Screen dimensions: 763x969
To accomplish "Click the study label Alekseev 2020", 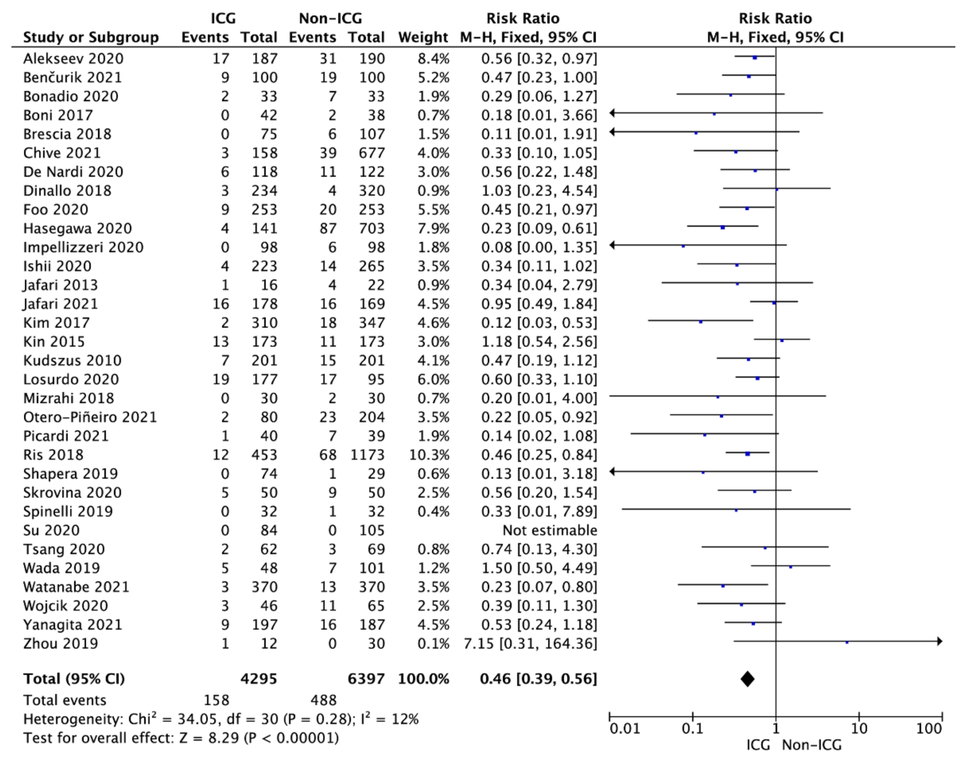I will [73, 59].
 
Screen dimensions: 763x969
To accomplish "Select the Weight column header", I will [423, 37].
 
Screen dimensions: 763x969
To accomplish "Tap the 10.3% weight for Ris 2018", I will [429, 455].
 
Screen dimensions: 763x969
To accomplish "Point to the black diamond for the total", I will [747, 679].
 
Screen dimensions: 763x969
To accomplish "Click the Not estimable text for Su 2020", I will [550, 530].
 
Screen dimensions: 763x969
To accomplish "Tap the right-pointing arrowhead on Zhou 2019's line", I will [939, 641].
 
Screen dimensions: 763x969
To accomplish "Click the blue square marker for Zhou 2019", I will [847, 642].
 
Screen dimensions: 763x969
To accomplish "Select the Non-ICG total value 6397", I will [366, 679].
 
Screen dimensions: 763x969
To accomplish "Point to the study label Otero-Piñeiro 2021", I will [90, 417].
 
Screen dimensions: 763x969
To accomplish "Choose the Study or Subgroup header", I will [91, 37].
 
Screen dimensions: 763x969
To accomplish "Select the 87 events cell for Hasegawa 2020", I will [328, 228].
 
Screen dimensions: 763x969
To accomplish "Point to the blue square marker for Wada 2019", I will [790, 567].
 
